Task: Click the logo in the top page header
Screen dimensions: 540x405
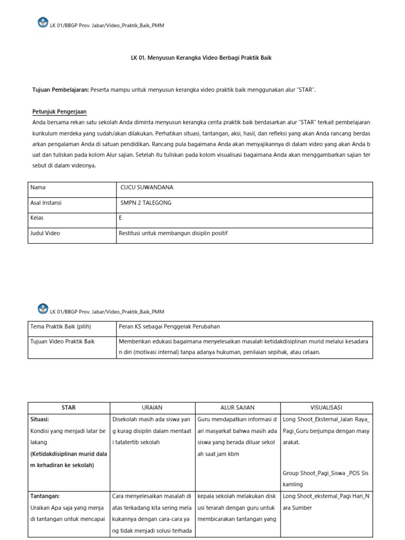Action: pos(43,23)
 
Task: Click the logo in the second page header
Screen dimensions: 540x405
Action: pos(43,308)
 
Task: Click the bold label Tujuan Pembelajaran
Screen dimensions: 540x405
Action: pos(61,90)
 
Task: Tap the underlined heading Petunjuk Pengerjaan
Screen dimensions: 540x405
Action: pos(59,112)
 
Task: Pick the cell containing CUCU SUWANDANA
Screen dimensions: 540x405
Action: pos(147,187)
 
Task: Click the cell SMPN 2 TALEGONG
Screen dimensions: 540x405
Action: pos(146,202)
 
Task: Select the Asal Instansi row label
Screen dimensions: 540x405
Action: pos(46,202)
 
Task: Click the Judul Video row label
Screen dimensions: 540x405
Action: pos(46,233)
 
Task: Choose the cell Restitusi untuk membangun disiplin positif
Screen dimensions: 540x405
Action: pos(173,233)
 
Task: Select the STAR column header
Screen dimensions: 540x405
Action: pos(69,408)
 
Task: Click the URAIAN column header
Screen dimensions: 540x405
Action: pos(152,408)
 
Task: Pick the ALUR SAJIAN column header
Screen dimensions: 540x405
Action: pos(237,408)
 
